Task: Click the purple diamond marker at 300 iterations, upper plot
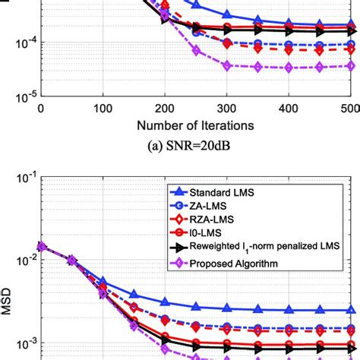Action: pos(227,65)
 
